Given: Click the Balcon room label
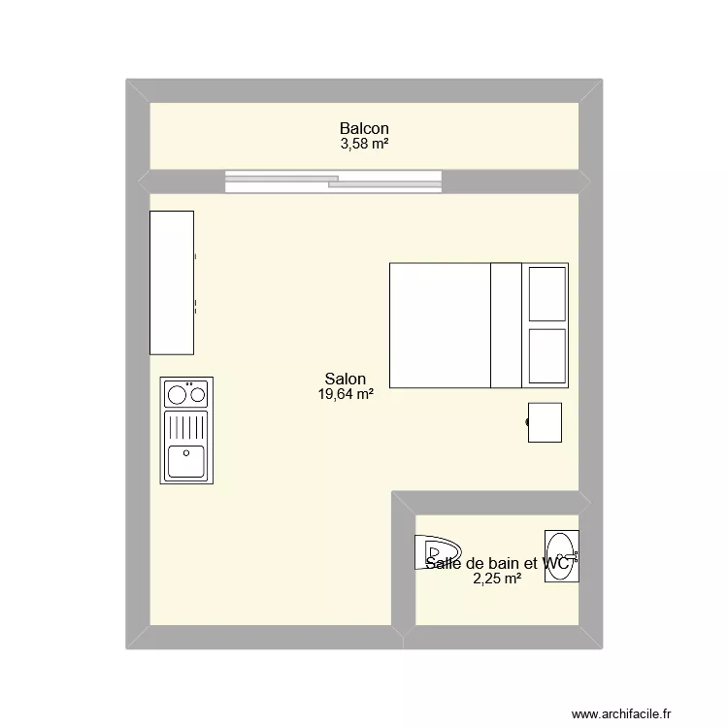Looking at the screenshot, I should (364, 128).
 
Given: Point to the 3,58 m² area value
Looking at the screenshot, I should (364, 144).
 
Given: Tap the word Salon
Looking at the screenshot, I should (346, 379).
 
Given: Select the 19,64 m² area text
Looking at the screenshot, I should (346, 394).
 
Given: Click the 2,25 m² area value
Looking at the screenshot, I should (497, 579).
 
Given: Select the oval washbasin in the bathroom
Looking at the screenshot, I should (561, 556).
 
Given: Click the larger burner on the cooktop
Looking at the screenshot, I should (178, 395).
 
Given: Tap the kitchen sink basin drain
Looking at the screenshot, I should (185, 451).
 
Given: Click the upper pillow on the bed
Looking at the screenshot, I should (546, 292).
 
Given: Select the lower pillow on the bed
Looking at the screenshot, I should (546, 356).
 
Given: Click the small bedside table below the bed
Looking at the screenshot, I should (546, 422).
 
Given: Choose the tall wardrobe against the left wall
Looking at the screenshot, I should (171, 282).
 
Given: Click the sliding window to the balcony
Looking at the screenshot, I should (333, 181).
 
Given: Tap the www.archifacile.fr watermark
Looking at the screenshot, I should (621, 713).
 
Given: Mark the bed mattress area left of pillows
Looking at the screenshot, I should (440, 324).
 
